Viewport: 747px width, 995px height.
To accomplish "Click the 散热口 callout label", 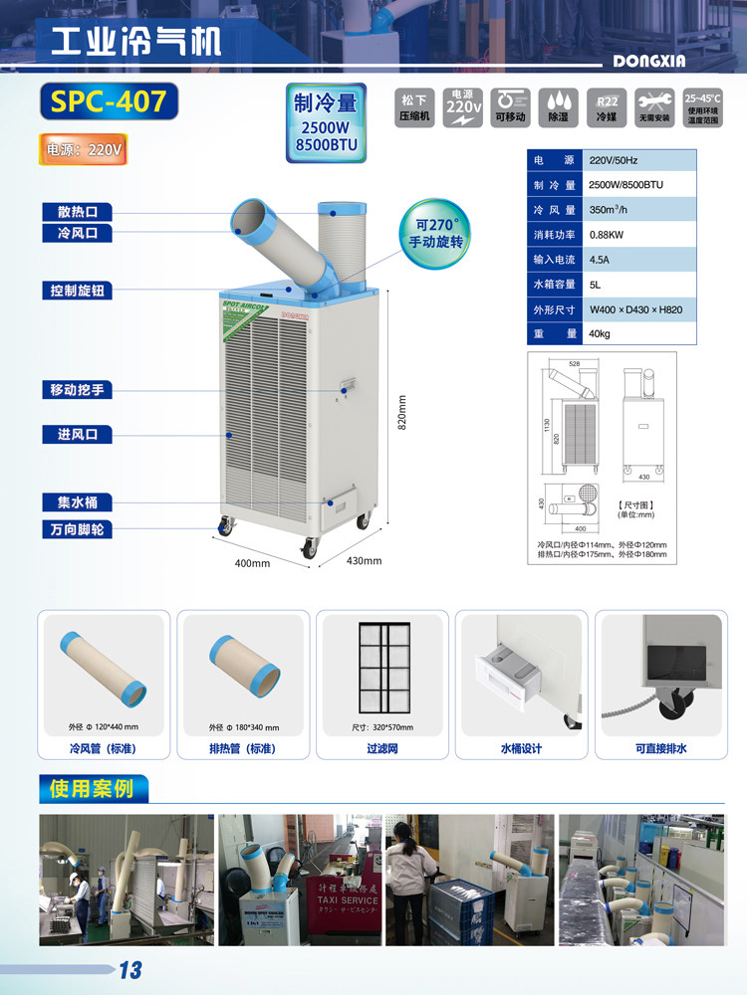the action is point(77,212).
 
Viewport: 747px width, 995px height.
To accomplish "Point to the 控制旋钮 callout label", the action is point(77,290).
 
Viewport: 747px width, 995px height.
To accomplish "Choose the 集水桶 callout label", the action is point(77,502).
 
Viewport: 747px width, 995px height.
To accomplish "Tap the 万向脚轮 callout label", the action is point(77,529).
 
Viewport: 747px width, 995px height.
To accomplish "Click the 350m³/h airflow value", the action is point(606,210).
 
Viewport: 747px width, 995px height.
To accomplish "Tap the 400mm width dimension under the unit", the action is point(252,564).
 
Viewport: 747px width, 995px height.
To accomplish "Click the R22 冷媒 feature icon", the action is point(607,105).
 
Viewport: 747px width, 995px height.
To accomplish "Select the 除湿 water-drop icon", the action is point(558,105).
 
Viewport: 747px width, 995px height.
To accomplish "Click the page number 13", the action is point(130,970).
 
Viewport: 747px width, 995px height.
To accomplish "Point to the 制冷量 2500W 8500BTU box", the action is point(325,123).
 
